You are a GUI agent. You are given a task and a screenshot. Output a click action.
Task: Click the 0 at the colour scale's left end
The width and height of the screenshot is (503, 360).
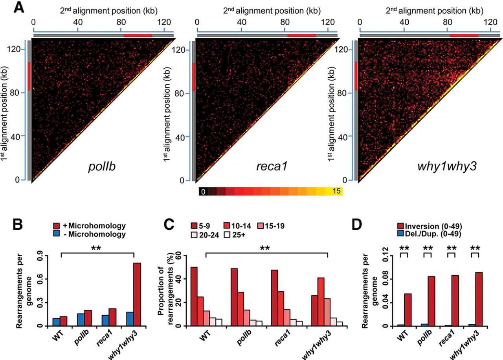[x=203, y=192]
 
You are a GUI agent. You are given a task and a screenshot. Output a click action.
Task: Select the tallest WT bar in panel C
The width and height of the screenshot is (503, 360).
[x=194, y=296]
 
